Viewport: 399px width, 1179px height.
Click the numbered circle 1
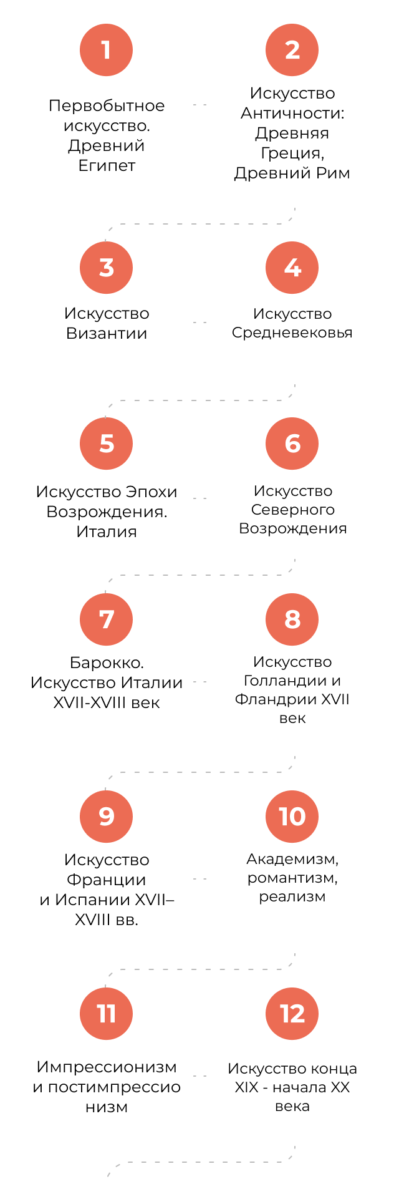(x=106, y=50)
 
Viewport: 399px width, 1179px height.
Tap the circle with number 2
(x=292, y=50)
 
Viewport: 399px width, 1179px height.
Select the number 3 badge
(x=106, y=268)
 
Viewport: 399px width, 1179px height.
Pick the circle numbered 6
(x=292, y=444)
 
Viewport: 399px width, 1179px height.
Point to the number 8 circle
(x=292, y=619)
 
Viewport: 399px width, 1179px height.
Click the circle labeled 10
(x=292, y=817)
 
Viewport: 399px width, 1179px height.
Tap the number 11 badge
(x=106, y=1014)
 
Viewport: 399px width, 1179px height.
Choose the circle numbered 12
(x=292, y=1014)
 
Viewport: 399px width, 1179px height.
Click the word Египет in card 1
(x=107, y=166)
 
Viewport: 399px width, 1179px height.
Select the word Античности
(x=292, y=113)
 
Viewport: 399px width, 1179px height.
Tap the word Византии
(x=107, y=333)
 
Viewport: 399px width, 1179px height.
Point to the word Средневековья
(x=292, y=333)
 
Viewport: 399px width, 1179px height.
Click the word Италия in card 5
(x=107, y=532)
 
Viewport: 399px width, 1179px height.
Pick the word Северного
(x=292, y=510)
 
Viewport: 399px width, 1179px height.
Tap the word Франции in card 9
(x=107, y=880)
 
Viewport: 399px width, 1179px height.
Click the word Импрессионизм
(x=107, y=1067)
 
